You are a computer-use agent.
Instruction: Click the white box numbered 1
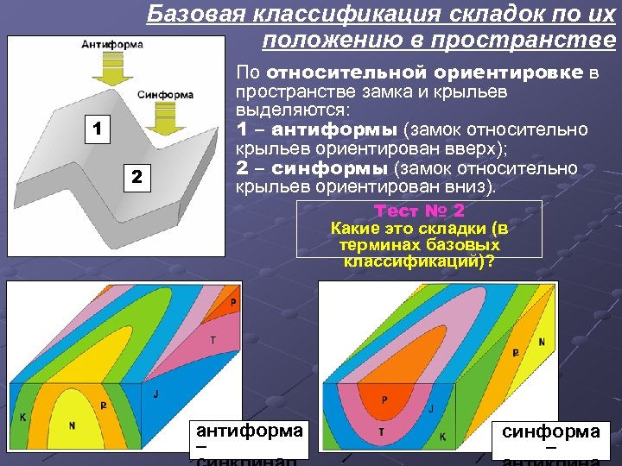(98, 130)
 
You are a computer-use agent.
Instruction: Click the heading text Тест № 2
(419, 211)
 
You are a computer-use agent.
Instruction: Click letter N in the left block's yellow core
(72, 425)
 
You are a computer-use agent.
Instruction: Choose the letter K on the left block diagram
(22, 418)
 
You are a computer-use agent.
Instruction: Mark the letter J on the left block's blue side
(155, 394)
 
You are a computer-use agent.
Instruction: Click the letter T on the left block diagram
(213, 340)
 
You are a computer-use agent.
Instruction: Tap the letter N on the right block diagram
(542, 342)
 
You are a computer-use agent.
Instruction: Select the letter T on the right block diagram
(381, 431)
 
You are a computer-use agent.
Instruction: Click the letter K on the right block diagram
(442, 438)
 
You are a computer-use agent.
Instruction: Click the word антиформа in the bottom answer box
(250, 431)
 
